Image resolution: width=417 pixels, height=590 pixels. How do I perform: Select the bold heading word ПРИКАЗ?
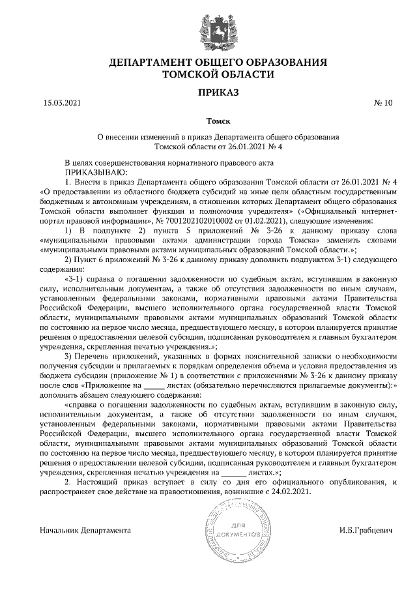pos(218,93)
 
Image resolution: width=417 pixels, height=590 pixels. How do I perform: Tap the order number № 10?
pos(384,103)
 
